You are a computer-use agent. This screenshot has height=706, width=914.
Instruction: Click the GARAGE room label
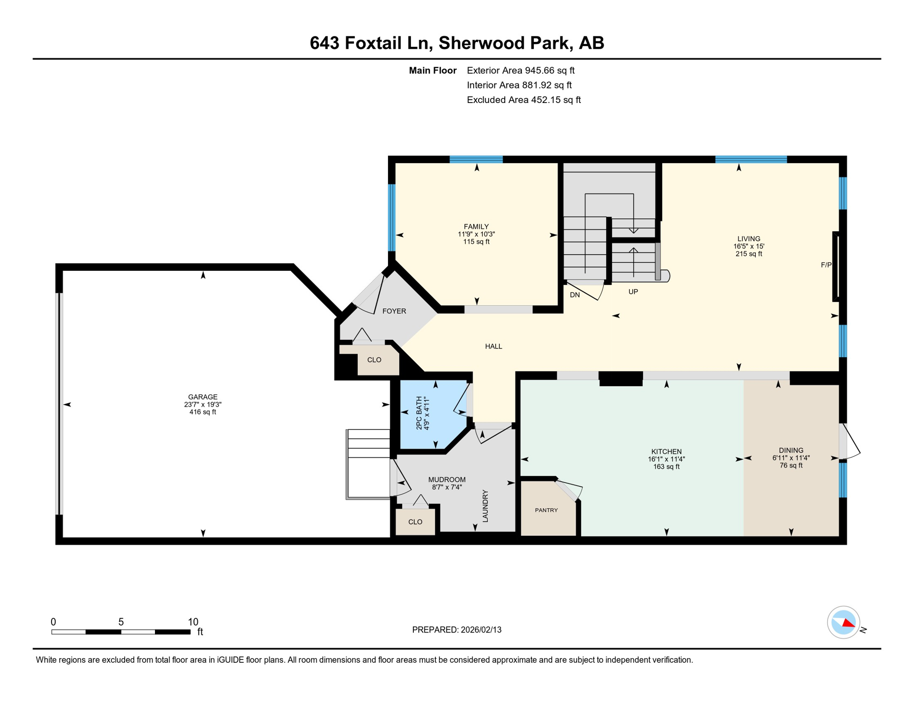click(x=202, y=397)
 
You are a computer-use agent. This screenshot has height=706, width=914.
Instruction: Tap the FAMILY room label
click(x=476, y=227)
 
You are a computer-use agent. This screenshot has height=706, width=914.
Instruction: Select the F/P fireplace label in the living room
click(x=826, y=265)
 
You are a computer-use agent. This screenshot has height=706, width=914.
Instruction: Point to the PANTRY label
click(x=546, y=510)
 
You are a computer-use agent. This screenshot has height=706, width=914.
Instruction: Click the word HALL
click(x=493, y=347)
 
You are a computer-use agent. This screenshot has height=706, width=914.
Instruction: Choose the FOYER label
click(x=394, y=311)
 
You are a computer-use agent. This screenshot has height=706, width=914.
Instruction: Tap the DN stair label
click(x=574, y=295)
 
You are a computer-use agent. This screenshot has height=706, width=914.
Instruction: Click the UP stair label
click(x=633, y=292)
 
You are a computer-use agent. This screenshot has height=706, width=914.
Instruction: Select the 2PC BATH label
click(x=419, y=413)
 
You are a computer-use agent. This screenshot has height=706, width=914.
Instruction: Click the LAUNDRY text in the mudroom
click(x=485, y=506)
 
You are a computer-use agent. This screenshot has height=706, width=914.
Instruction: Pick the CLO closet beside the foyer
click(x=374, y=360)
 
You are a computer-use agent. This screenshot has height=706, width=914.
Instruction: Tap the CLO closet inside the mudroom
click(x=415, y=522)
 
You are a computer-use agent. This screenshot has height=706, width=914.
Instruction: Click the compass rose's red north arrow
click(x=848, y=623)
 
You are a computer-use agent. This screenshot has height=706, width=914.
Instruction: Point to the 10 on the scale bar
click(x=193, y=622)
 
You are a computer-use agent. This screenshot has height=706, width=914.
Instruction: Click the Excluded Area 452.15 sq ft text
click(x=523, y=100)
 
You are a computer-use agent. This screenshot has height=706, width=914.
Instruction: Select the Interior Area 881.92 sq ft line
click(x=519, y=85)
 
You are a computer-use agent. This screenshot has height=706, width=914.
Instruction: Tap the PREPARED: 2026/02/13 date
click(x=456, y=630)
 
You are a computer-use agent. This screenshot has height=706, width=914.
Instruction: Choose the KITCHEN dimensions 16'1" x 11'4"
click(x=666, y=459)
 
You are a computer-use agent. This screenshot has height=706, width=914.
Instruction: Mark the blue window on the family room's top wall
click(x=476, y=159)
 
